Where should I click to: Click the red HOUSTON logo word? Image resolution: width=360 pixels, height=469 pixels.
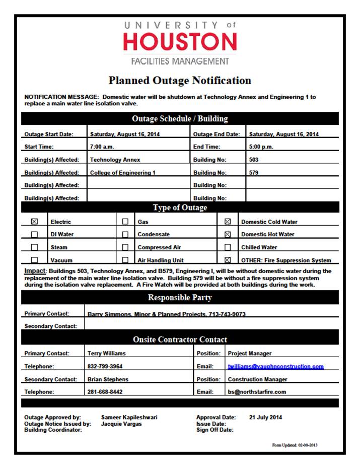[x=180, y=42]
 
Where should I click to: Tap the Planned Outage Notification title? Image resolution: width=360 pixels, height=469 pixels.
[x=180, y=81]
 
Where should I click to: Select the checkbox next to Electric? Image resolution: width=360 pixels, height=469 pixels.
[x=35, y=221]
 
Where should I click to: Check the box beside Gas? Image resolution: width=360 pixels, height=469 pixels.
[x=125, y=221]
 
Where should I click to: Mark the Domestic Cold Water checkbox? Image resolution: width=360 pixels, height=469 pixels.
[x=228, y=221]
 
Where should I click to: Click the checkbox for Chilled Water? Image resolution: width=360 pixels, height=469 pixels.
[x=228, y=247]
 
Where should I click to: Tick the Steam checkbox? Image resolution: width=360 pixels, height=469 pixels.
[x=35, y=247]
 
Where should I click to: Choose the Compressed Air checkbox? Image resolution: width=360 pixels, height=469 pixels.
[x=125, y=247]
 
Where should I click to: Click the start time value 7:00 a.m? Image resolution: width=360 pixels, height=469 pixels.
[x=101, y=147]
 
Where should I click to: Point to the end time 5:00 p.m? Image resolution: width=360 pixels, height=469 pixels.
[x=261, y=147]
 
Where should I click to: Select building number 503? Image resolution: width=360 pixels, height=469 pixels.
[x=255, y=160]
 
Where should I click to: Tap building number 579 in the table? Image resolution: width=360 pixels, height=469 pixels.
[x=255, y=173]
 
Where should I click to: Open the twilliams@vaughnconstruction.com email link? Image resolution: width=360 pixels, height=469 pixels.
[x=275, y=367]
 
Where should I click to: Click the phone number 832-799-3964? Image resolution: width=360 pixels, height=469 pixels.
[x=105, y=367]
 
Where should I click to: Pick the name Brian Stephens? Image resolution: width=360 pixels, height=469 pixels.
[x=108, y=379]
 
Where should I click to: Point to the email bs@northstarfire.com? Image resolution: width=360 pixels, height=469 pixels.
[x=257, y=392]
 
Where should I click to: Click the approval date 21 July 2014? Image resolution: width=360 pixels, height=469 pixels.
[x=265, y=418]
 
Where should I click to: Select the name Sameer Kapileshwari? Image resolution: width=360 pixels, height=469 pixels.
[x=129, y=418]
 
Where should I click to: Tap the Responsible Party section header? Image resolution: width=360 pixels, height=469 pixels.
[x=180, y=298]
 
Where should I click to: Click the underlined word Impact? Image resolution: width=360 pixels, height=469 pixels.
[x=35, y=271]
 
